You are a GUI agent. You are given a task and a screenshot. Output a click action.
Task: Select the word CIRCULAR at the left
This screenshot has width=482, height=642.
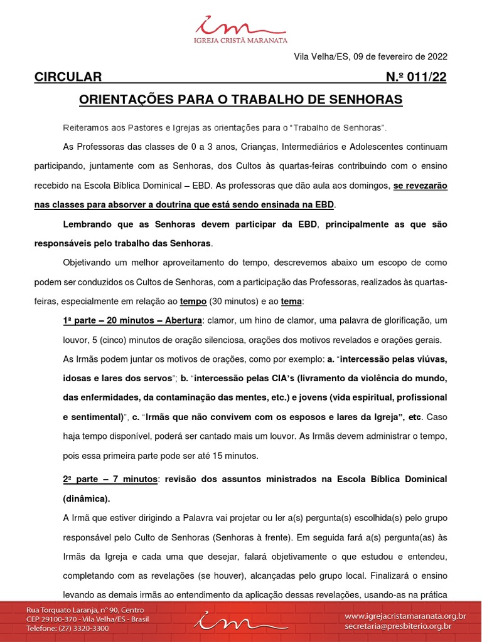click(68, 77)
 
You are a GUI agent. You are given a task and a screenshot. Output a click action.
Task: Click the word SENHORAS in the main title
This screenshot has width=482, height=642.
click(366, 100)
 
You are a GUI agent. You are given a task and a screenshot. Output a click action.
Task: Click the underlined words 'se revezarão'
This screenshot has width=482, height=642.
click(420, 186)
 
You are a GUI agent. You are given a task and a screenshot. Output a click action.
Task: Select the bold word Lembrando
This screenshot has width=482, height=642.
click(88, 224)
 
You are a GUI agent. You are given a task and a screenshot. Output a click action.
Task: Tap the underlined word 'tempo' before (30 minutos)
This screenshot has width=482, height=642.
click(193, 302)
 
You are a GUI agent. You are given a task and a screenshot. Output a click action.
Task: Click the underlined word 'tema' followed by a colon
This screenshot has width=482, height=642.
click(291, 302)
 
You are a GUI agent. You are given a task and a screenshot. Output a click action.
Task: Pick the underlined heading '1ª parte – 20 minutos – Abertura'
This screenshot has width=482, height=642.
click(132, 320)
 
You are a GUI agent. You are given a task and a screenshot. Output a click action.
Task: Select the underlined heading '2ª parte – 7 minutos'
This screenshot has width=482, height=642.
click(110, 479)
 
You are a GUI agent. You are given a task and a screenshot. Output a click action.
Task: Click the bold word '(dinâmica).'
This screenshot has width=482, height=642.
click(87, 499)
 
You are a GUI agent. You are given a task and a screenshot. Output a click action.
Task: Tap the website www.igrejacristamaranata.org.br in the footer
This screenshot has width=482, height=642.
click(405, 616)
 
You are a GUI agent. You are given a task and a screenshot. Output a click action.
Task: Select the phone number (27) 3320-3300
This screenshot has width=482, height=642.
click(84, 628)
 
